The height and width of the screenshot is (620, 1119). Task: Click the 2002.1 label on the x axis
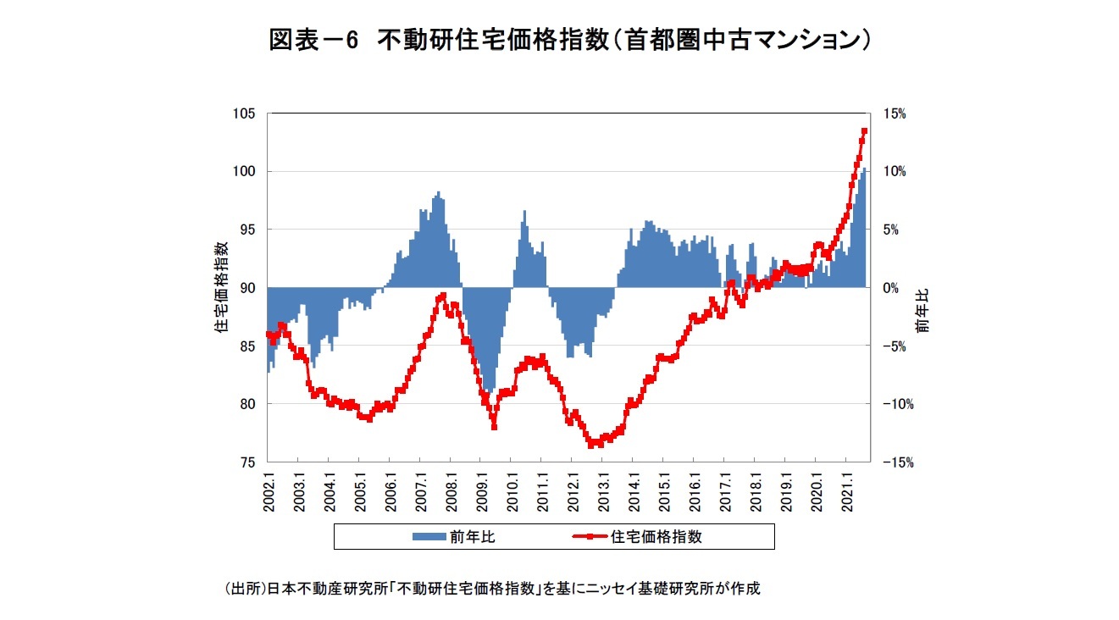[269, 490]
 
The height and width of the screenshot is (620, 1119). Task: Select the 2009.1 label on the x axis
[481, 490]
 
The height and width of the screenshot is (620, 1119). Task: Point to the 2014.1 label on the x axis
[634, 490]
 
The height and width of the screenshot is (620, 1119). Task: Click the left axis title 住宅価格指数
[221, 287]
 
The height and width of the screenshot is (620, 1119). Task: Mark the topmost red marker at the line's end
[864, 131]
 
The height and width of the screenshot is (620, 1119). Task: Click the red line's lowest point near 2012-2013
[590, 444]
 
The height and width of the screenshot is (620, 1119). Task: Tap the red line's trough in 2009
[494, 427]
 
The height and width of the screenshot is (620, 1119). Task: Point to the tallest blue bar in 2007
[439, 192]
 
